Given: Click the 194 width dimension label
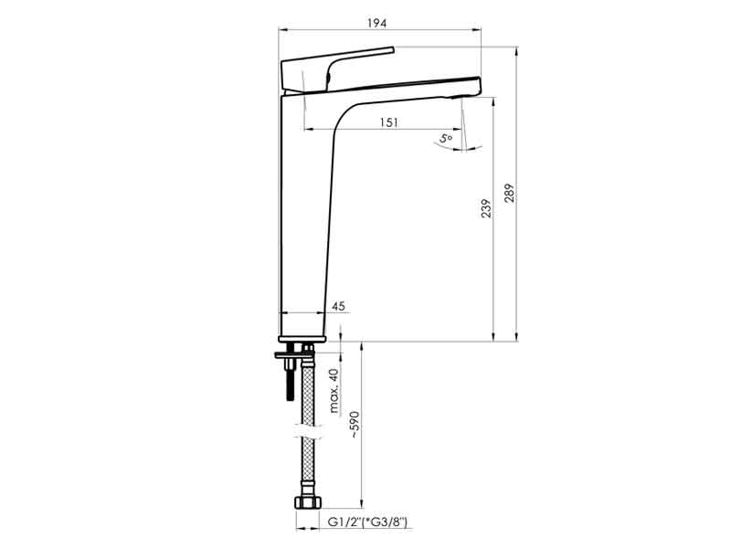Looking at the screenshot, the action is [376, 23].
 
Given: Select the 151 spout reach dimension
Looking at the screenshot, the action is [389, 122].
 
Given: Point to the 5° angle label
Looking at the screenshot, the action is [446, 139].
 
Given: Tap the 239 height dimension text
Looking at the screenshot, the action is [486, 208].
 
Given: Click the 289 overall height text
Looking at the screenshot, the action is [509, 193].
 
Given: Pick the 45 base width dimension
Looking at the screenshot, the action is [338, 306].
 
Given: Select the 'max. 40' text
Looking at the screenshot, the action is [334, 391].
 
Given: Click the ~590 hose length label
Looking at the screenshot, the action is [355, 425].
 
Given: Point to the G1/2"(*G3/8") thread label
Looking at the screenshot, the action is [367, 522].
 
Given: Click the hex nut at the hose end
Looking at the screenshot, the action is [308, 503].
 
